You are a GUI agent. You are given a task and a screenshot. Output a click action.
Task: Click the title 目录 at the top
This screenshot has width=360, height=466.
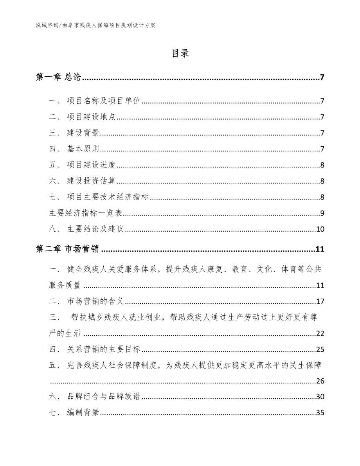[180, 54]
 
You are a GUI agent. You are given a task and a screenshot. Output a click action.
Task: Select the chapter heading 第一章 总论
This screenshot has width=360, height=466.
[58, 77]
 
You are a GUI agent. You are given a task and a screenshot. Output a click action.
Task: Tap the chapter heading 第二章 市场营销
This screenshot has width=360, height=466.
[67, 249]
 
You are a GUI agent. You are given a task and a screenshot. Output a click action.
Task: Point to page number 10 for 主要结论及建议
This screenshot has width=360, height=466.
[320, 229]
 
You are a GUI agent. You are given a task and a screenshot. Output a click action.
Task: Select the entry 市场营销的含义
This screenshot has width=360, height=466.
[95, 301]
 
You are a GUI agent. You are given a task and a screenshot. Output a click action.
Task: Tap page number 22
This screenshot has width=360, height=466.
[320, 334]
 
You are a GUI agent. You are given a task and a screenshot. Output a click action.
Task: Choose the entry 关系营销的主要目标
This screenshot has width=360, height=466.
[104, 349]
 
